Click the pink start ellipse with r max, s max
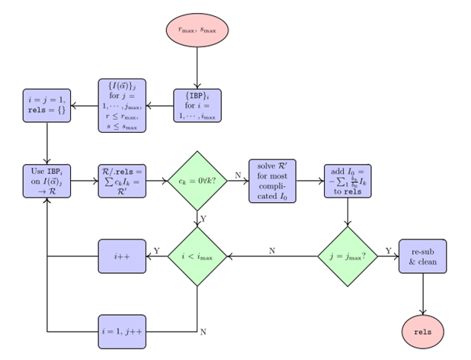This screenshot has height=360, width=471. click(x=197, y=31)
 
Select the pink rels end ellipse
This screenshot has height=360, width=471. click(x=422, y=332)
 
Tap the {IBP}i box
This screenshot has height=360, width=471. click(x=197, y=105)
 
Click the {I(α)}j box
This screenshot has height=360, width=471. click(x=122, y=105)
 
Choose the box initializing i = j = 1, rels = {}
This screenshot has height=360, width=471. click(x=47, y=105)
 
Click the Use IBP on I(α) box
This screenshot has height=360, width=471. click(x=47, y=181)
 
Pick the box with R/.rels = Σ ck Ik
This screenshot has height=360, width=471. click(x=122, y=181)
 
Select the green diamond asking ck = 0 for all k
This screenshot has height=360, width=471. click(x=197, y=181)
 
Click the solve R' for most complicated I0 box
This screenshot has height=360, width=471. click(x=272, y=181)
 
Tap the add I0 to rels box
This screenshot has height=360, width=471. click(x=348, y=181)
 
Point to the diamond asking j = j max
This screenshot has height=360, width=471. click(x=348, y=256)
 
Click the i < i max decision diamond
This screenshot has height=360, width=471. click(x=197, y=256)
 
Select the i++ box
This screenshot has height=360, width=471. click(x=122, y=256)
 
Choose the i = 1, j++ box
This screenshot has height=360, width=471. click(x=122, y=332)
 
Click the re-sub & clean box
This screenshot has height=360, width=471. click(x=422, y=256)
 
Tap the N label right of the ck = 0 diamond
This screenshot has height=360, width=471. click(x=237, y=175)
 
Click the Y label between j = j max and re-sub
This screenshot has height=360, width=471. click(x=388, y=250)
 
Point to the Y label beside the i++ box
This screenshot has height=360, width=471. click(x=156, y=250)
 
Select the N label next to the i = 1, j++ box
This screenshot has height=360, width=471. click(x=203, y=332)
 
